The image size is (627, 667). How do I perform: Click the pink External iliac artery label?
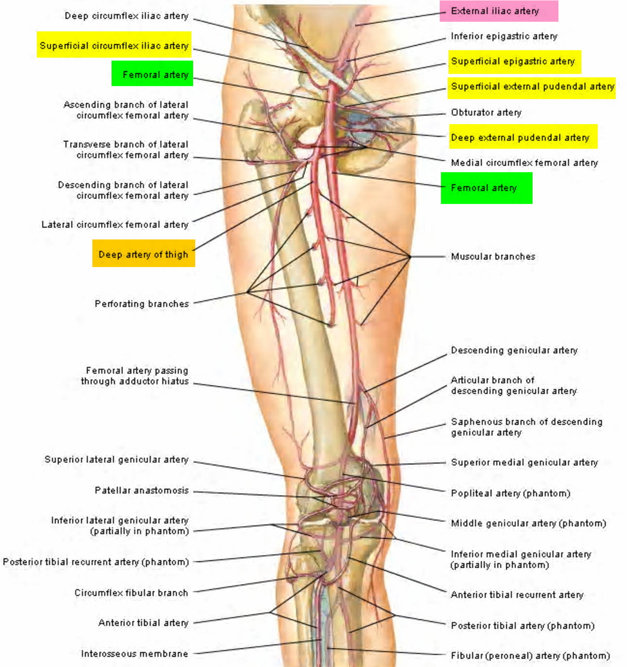coord(498,11)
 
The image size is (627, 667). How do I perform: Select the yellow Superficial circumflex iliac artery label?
coord(114,46)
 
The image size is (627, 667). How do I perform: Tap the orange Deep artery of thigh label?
coord(143,254)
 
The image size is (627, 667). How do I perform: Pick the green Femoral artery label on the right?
coord(486,188)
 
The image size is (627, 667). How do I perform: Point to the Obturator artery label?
coord(486,112)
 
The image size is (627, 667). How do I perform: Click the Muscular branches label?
coord(493,257)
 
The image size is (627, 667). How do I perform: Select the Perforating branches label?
coord(141,304)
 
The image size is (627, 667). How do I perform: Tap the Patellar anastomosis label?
coord(141,490)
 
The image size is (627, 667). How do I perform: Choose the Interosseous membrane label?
coord(134,653)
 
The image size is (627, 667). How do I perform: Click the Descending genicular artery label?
coord(514,350)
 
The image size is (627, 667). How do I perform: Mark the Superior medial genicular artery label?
coord(524,463)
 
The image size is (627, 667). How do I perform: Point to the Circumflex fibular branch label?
coord(131,593)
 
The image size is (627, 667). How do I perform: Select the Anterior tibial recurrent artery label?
coord(517,595)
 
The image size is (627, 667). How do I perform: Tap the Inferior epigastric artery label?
coord(504,36)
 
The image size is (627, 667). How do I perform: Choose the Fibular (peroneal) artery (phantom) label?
coord(530,655)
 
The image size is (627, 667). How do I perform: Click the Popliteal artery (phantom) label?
coord(510,493)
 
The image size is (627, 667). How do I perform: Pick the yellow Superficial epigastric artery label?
coord(513,62)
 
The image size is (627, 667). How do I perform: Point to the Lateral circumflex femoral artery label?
coord(115,225)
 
